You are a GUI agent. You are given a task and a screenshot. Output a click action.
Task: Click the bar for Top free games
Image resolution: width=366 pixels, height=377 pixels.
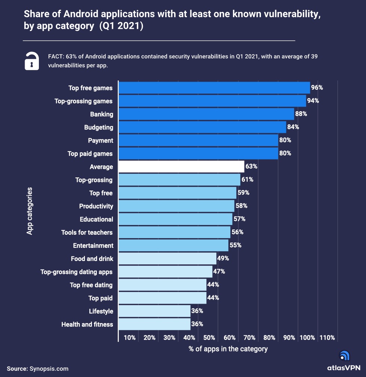coord(214,88)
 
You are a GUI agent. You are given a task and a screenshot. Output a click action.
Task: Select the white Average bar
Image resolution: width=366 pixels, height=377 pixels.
coord(181,167)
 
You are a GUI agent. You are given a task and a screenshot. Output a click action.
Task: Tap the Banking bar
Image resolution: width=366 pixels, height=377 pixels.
coord(206,114)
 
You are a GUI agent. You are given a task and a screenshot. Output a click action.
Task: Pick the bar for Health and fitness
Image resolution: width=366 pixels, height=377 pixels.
coord(154,324)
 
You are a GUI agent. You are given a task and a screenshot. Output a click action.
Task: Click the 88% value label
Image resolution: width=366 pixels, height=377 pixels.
coord(301,114)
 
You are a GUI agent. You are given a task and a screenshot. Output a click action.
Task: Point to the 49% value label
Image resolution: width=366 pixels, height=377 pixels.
coord(223,258)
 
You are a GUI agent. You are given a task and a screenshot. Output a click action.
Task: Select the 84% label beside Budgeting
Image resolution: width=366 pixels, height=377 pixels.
coord(293,127)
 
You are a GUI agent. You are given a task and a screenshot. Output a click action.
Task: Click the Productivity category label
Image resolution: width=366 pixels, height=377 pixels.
coord(96,206)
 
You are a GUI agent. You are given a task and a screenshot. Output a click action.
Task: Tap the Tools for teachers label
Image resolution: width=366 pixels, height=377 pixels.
coord(87,232)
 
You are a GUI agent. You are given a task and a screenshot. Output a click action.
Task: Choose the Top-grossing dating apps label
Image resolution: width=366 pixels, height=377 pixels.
coord(77,272)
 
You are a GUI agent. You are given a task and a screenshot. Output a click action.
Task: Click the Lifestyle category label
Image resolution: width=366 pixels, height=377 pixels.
coord(101,311)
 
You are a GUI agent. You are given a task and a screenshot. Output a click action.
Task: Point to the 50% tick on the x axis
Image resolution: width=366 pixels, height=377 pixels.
coord(209,338)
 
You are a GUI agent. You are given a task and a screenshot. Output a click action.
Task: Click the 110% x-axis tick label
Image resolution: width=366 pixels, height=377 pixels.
coord(327,338)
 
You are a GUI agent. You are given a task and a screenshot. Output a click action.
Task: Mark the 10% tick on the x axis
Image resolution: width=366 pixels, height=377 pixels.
coord(129,338)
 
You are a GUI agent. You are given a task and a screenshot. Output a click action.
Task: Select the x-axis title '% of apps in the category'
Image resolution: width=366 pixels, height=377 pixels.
coord(228,349)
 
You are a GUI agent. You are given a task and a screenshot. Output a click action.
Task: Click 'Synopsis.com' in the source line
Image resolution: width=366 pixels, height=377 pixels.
coord(49,369)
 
